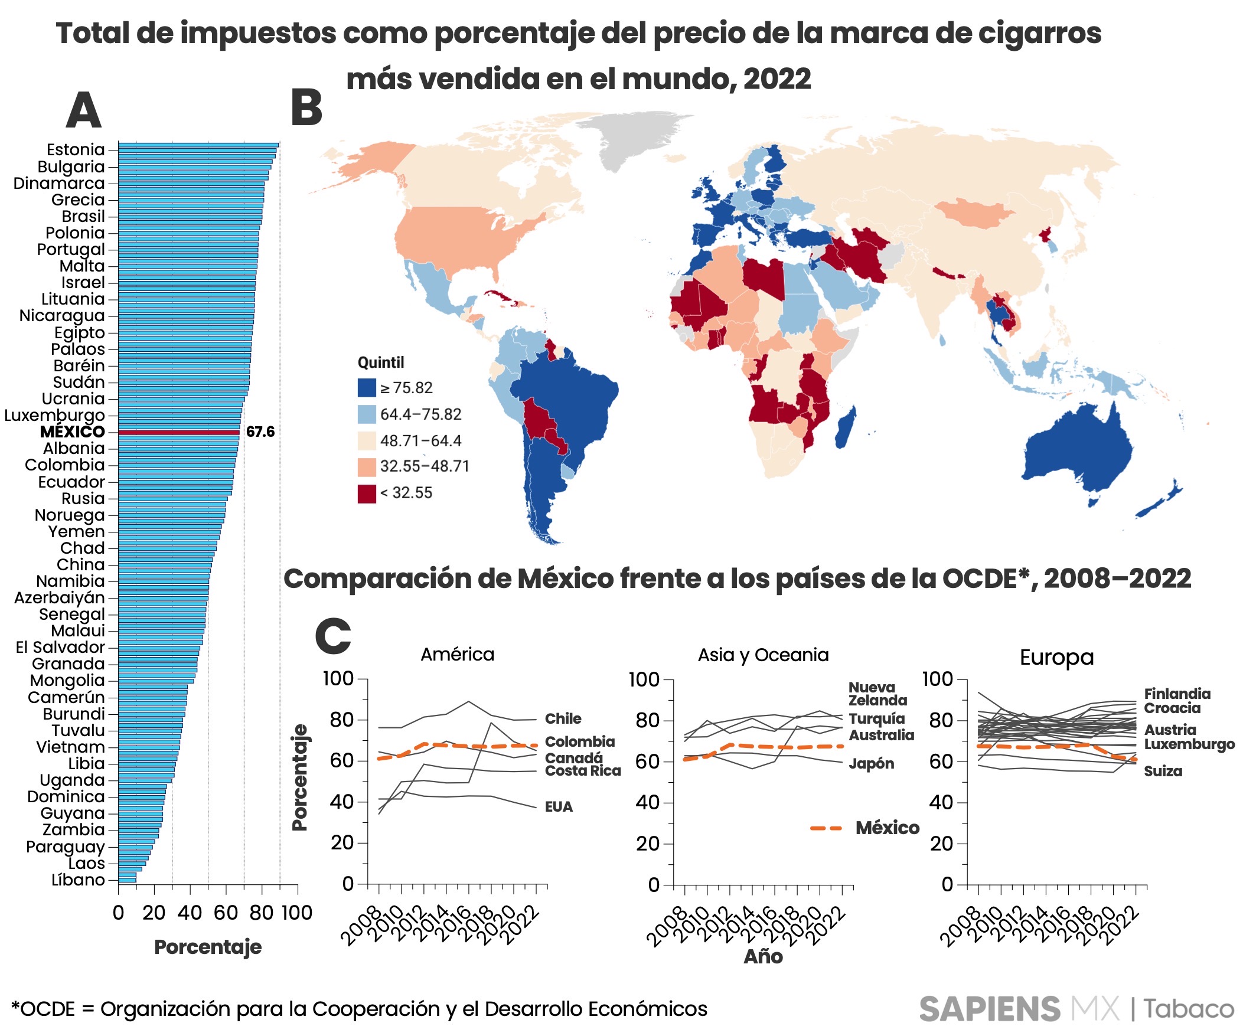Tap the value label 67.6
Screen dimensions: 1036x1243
[x=260, y=432]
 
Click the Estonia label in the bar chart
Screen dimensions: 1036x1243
[x=76, y=150]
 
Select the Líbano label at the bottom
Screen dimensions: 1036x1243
[x=78, y=880]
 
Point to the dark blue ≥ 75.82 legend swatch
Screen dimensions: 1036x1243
[x=367, y=388]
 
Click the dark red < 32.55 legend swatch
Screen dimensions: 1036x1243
[x=367, y=494]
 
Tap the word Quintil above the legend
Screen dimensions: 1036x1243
[x=381, y=362]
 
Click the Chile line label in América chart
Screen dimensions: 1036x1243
[x=563, y=719]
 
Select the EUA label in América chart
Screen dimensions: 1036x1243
[x=559, y=807]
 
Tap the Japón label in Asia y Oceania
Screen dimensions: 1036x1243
[x=872, y=763]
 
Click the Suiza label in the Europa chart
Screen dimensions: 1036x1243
[x=1163, y=772]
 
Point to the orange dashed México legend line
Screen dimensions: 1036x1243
[x=826, y=828]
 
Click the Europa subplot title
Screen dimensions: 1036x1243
[x=1056, y=658]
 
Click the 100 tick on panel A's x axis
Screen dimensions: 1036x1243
[x=296, y=913]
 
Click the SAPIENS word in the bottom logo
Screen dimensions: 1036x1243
[x=989, y=1009]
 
